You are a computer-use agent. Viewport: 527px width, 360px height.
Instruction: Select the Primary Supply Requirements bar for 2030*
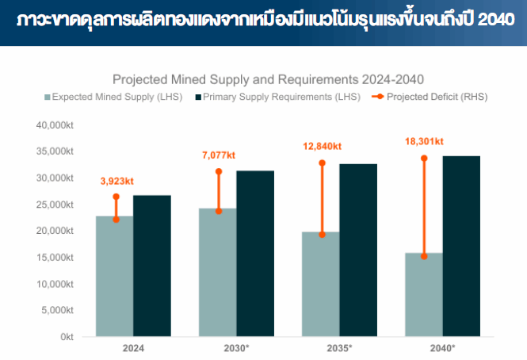255,254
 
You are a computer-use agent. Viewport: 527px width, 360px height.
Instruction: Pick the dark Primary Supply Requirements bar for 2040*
461,246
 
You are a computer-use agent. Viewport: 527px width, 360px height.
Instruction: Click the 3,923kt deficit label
116,182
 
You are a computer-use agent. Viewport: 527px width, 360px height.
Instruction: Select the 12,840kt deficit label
322,146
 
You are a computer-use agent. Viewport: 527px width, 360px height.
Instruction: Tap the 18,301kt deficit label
424,141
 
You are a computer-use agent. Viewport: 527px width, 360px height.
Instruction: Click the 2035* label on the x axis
338,348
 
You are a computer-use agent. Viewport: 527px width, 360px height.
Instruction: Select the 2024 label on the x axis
133,348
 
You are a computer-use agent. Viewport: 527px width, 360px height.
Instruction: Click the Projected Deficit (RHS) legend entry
430,97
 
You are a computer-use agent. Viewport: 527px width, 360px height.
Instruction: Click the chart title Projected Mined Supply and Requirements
269,79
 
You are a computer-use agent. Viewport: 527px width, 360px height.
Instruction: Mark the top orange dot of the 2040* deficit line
424,159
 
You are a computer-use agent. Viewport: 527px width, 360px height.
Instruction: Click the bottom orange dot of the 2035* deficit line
322,235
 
